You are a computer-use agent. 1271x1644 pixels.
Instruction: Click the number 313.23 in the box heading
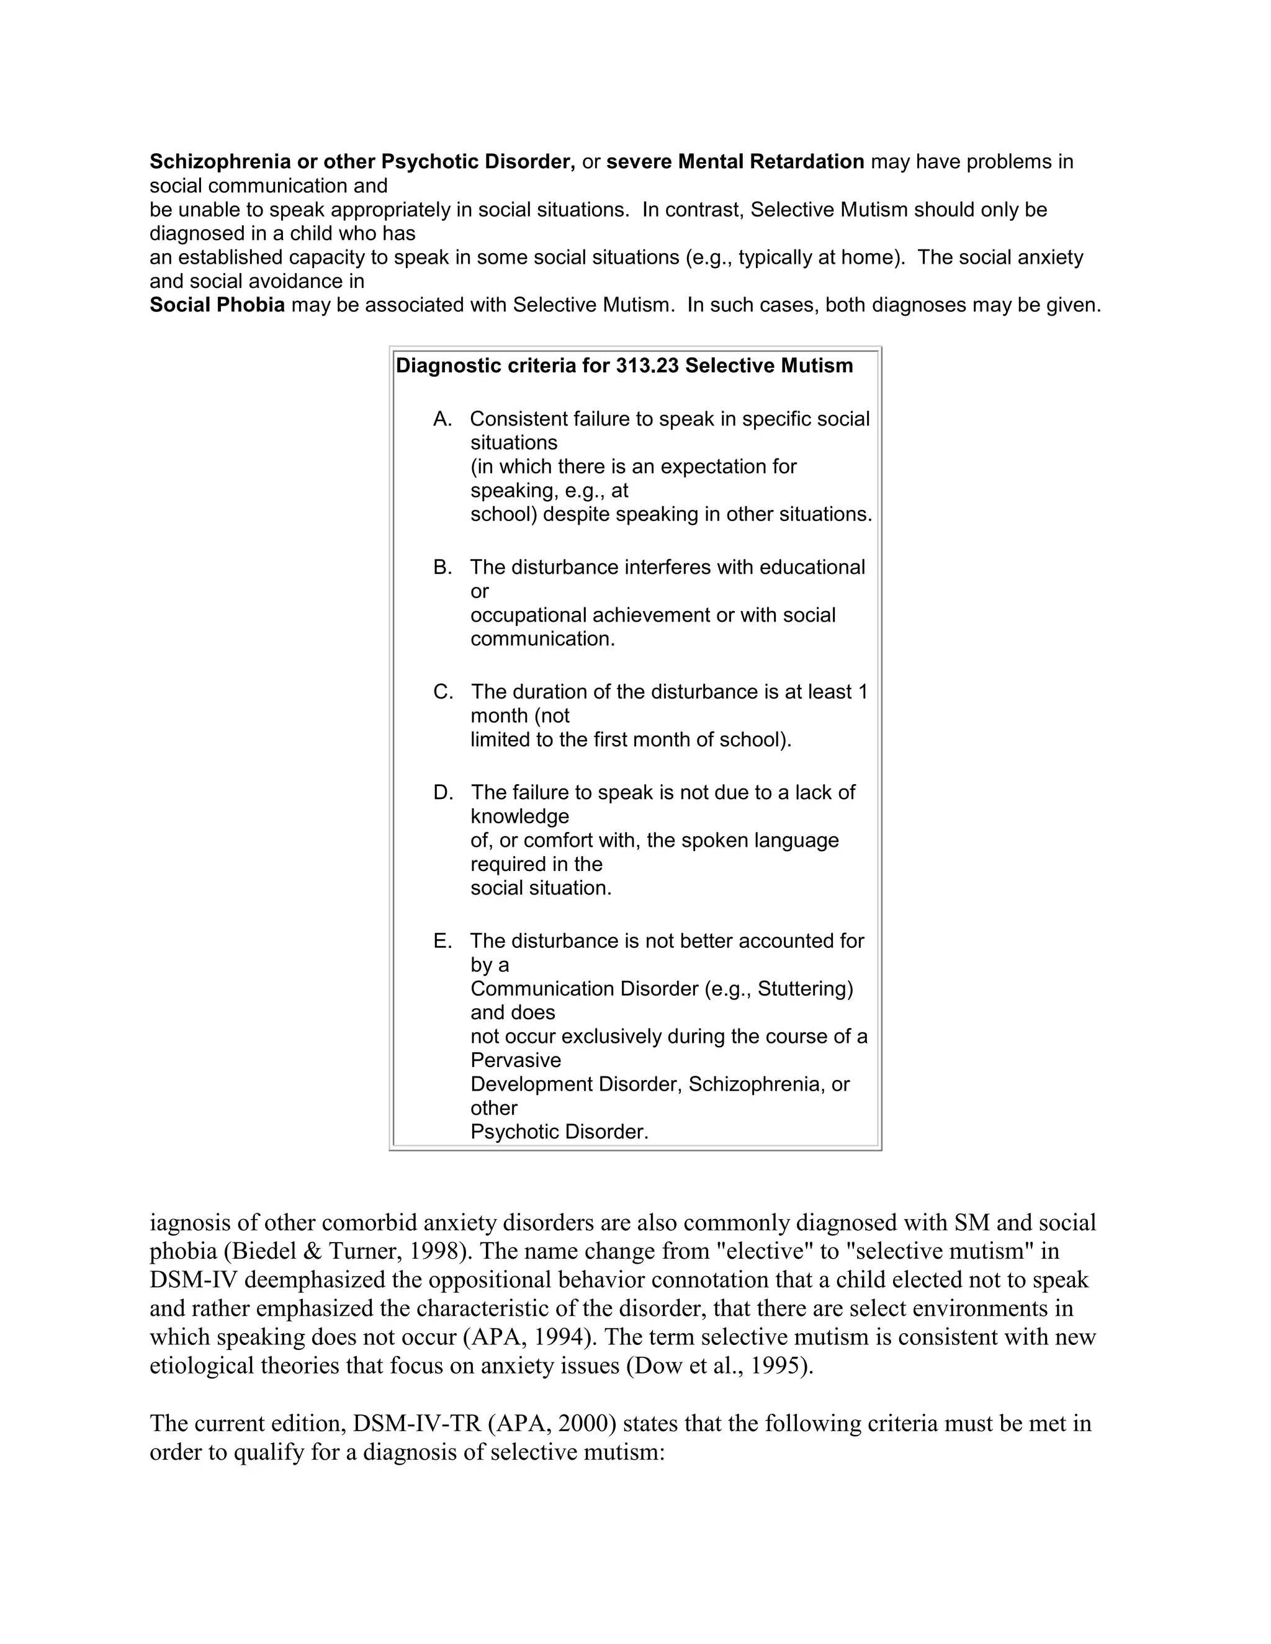point(647,366)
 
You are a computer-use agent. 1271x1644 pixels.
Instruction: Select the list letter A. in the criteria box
point(442,419)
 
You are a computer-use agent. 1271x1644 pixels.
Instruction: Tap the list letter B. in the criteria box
point(442,568)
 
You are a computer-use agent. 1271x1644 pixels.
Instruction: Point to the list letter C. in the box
point(442,692)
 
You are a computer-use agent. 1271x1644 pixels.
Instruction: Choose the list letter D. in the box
point(442,793)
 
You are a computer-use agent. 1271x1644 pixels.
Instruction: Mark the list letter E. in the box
point(442,941)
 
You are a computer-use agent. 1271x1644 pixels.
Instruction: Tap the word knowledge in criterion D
point(519,817)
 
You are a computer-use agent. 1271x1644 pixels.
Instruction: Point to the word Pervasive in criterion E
point(516,1061)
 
